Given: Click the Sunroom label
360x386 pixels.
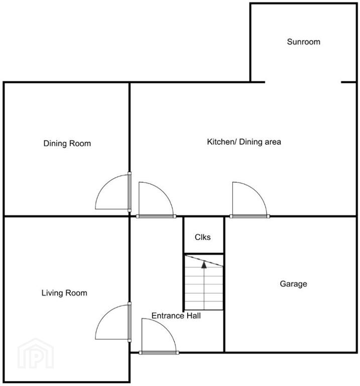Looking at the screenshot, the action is pos(303,42).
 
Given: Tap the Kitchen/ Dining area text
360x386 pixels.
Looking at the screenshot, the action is pos(244,142).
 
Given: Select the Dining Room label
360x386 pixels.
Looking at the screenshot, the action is pos(67,143).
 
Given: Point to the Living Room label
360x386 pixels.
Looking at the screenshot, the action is pos(64,293).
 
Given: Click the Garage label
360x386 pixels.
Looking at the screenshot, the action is pos(293,284).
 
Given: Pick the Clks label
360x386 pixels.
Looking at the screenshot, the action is pos(203,237).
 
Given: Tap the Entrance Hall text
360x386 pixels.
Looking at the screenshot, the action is pos(176,316).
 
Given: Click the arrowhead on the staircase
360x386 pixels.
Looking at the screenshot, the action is pos(204,265).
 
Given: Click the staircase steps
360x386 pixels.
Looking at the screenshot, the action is pos(204,282).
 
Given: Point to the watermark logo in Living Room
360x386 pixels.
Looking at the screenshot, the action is pos(36,353).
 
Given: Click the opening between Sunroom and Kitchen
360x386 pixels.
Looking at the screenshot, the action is pos(303,82).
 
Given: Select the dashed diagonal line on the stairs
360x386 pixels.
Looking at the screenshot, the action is pos(204,261).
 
